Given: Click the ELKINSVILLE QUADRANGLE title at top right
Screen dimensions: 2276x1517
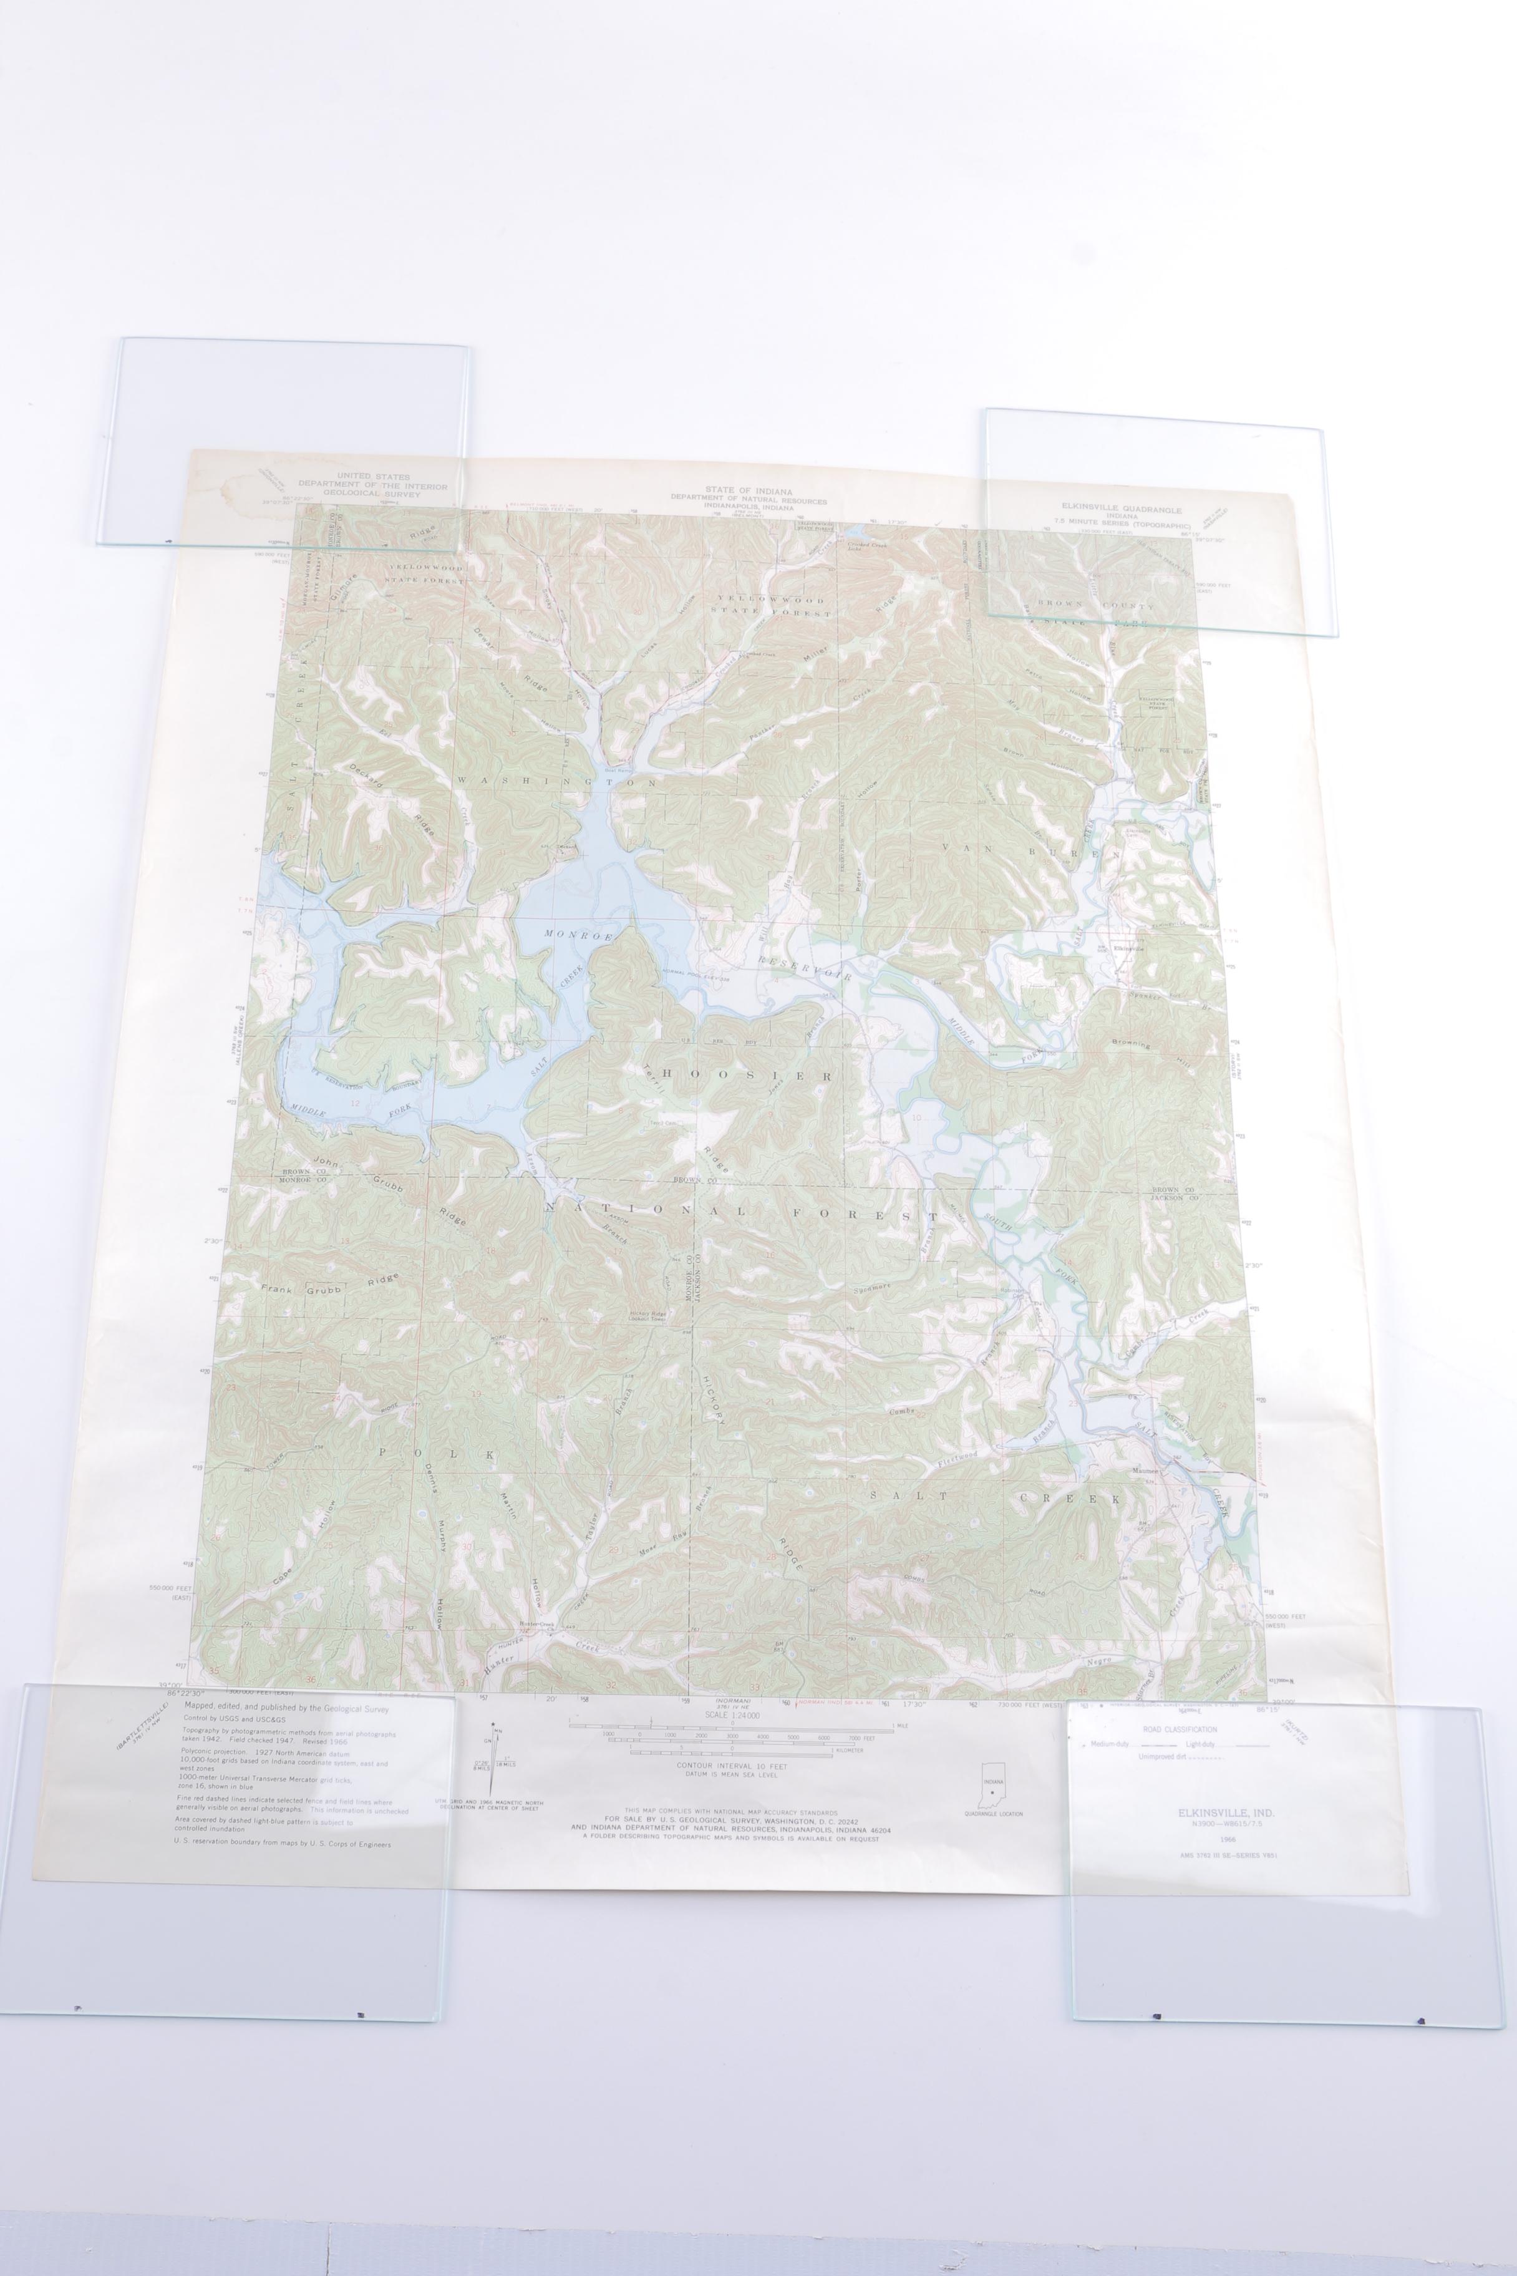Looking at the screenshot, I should point(1120,509).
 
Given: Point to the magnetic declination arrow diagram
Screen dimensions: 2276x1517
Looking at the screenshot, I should point(497,1758).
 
